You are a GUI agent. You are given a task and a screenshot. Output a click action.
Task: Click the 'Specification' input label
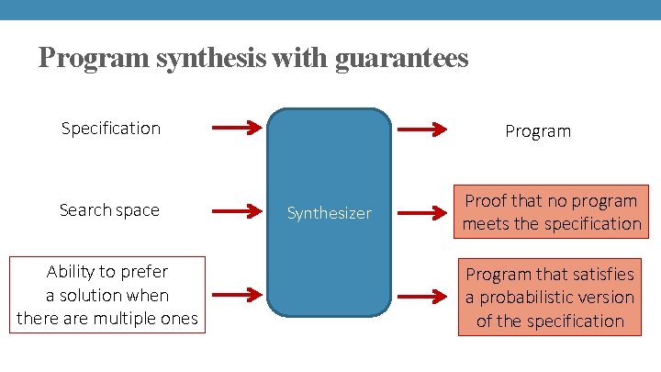tap(110, 128)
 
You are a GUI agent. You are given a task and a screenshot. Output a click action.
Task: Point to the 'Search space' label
tap(109, 210)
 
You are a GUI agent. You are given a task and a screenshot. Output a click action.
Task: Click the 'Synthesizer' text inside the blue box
tap(330, 213)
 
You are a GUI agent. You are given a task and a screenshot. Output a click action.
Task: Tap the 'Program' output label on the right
tap(538, 131)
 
